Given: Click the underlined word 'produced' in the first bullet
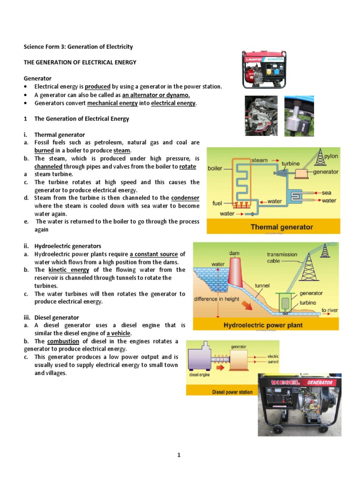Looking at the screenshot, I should click(97, 87).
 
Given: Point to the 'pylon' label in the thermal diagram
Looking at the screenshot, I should click(330, 156).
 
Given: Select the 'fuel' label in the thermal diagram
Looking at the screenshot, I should click(217, 203).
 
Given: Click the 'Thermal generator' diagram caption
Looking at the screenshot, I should click(282, 227).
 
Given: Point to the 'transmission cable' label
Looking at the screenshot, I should click(282, 257).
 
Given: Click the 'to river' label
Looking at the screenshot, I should click(330, 310).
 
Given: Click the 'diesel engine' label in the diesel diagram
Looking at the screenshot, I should click(199, 375).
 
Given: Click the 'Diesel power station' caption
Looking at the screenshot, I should click(232, 392).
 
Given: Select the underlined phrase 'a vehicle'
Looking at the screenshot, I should click(119, 333).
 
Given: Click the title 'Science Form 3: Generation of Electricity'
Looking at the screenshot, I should click(78, 47).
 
